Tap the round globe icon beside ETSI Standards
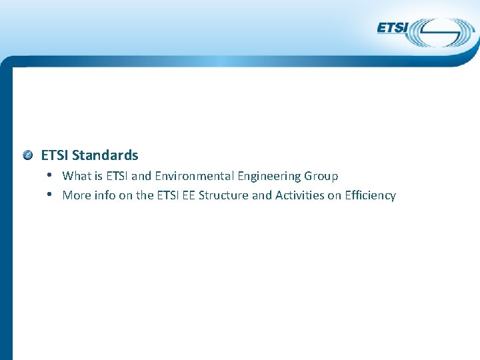(x=27, y=155)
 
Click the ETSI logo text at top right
(x=393, y=27)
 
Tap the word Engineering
(x=269, y=176)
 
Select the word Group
(x=321, y=176)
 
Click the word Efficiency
(x=370, y=195)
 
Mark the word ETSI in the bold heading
(x=55, y=155)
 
